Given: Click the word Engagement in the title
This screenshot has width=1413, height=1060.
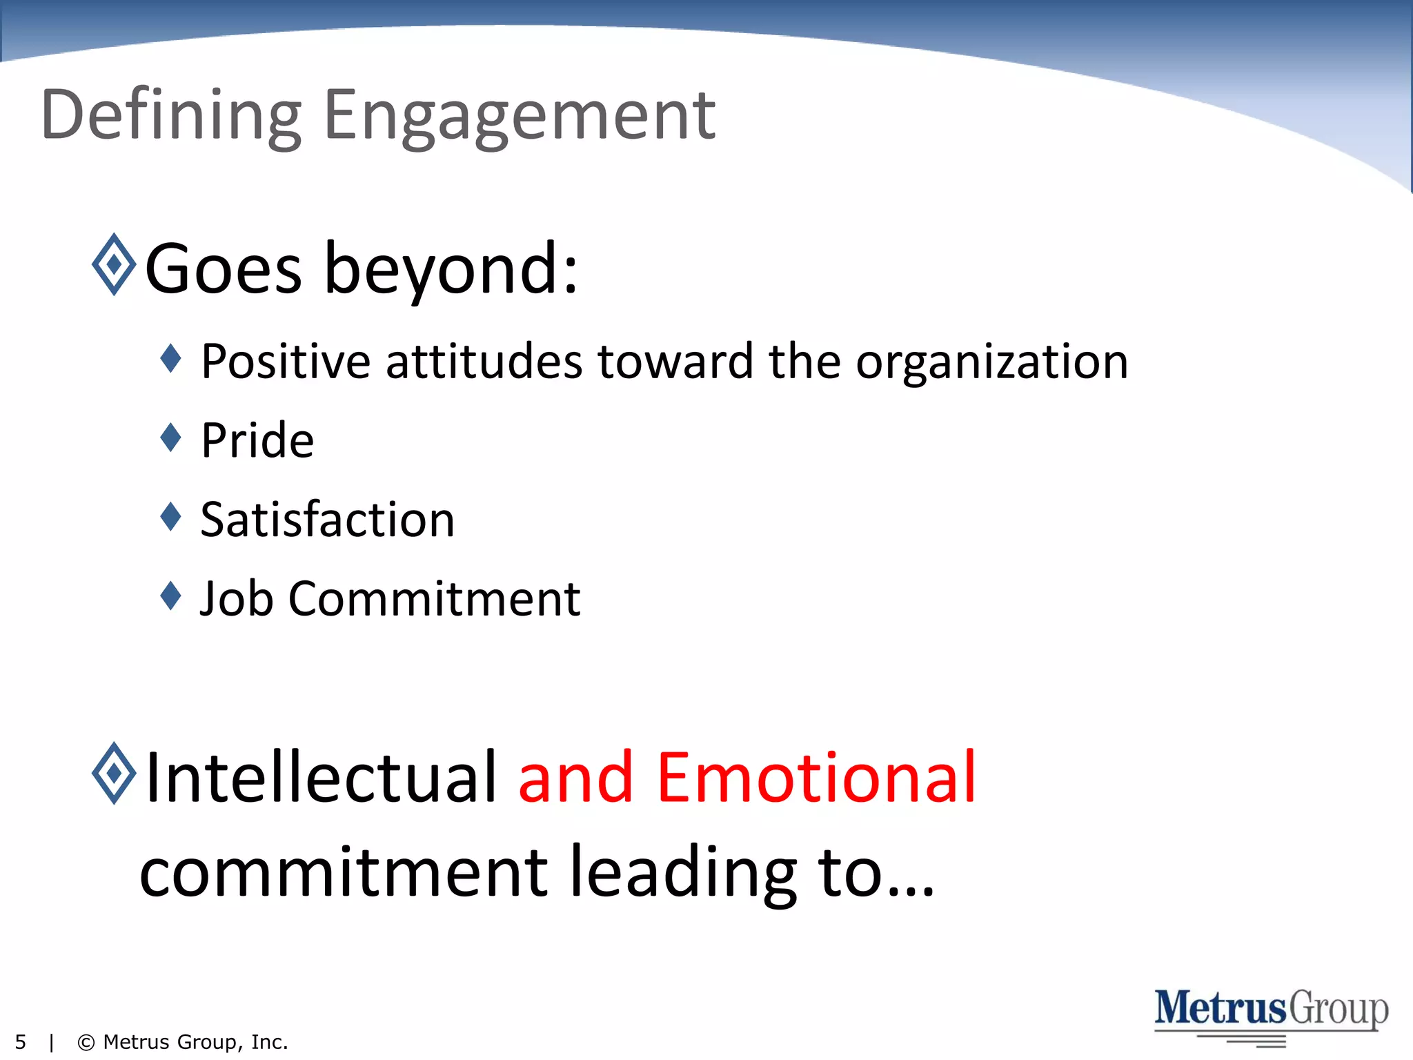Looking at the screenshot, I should tap(519, 116).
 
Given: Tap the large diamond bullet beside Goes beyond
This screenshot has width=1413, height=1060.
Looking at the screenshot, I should tap(114, 264).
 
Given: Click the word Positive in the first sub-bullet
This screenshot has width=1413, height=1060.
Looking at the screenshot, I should tap(286, 362).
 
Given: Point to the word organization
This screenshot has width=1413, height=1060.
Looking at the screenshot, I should tap(991, 363).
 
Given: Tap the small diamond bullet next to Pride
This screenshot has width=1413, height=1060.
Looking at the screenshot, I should tap(170, 437).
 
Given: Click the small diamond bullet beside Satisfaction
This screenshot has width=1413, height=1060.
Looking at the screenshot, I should tap(170, 516).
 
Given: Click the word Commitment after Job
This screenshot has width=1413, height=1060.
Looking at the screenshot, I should tap(434, 598).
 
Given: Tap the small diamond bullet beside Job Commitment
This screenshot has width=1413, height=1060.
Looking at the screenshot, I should tap(170, 596).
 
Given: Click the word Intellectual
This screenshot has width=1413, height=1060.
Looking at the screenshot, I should tap(322, 778).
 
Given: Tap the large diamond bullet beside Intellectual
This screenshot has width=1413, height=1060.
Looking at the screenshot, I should tap(114, 773).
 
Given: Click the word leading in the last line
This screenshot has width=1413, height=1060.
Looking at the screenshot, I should tap(683, 873).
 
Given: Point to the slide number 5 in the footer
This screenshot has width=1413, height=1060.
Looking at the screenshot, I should tap(21, 1042).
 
